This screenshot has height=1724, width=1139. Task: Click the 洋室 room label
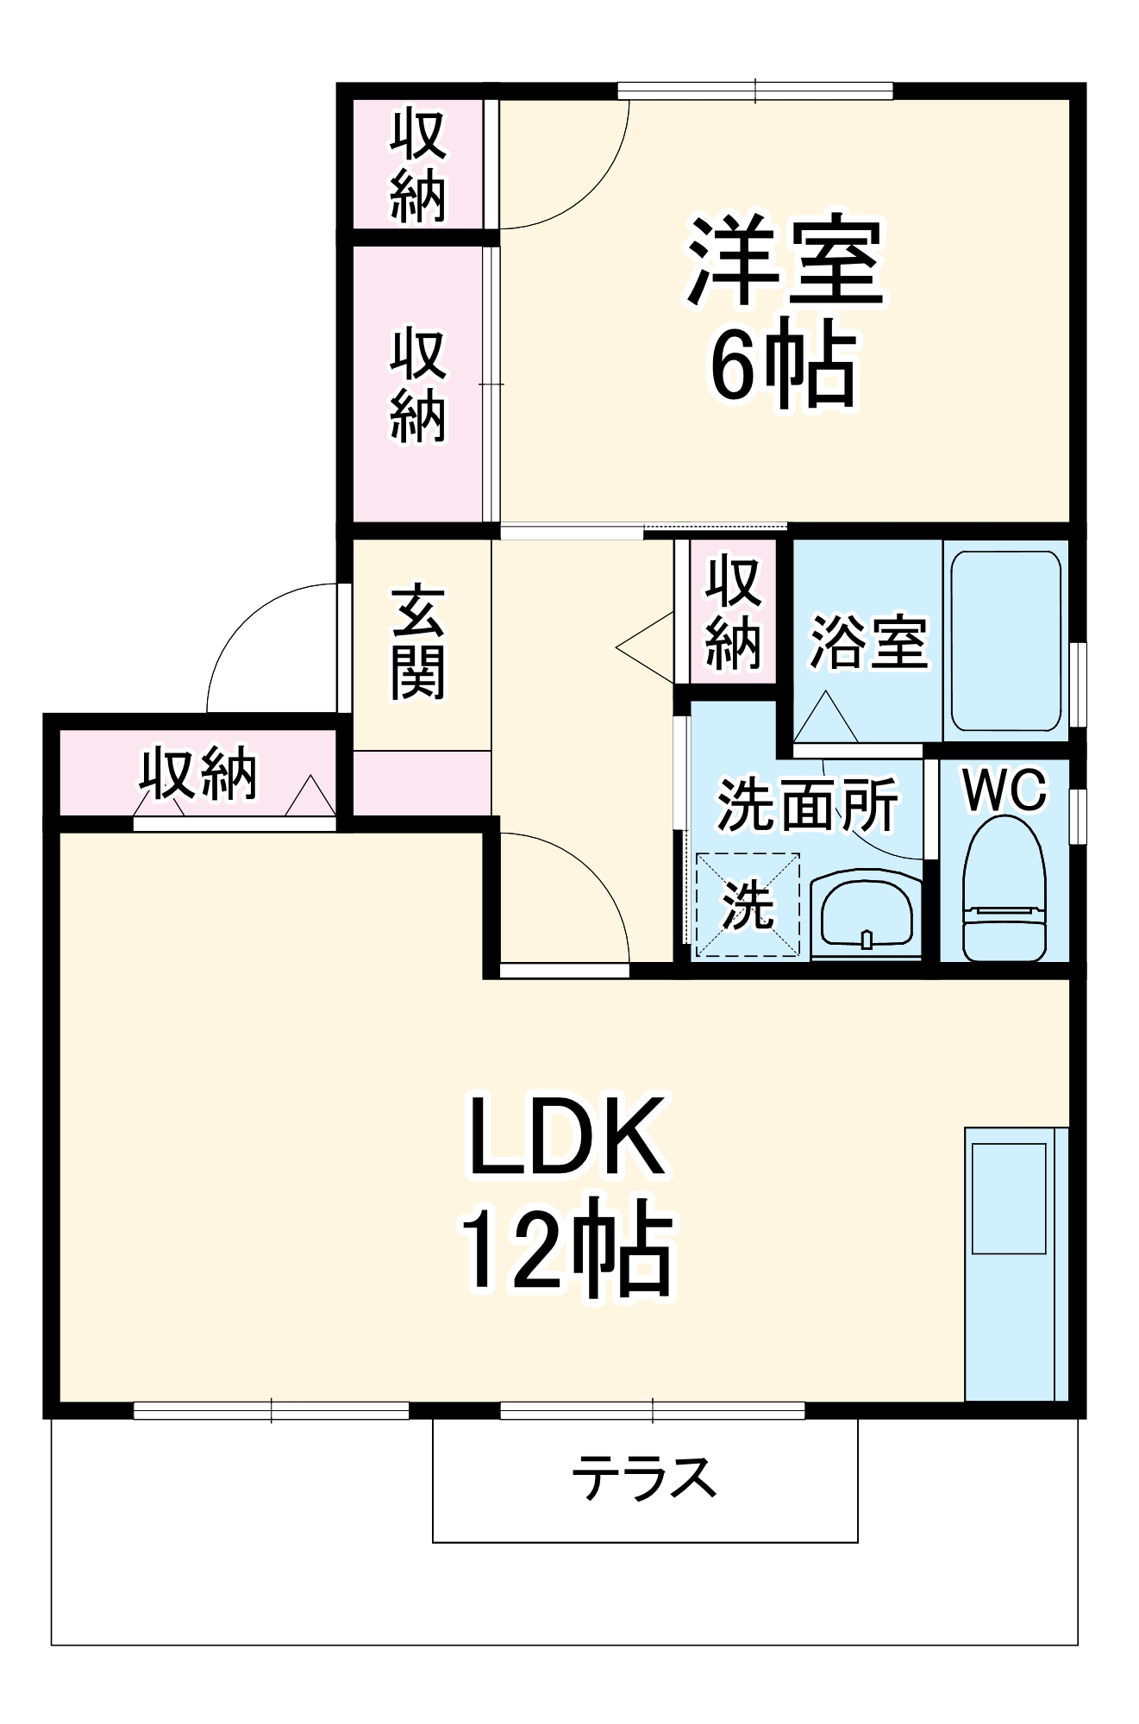[x=785, y=261]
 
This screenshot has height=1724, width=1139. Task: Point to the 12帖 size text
[x=566, y=1248]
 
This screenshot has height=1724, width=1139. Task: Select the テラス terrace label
[x=644, y=1477]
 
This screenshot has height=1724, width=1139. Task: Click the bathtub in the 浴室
[x=1005, y=641]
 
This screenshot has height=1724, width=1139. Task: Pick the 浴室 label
[x=867, y=642]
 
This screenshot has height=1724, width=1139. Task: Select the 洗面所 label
[x=807, y=805]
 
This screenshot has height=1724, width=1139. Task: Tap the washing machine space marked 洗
[x=748, y=905]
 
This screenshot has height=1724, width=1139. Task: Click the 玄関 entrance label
[x=418, y=643]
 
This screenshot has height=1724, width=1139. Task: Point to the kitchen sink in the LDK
[x=1009, y=1198]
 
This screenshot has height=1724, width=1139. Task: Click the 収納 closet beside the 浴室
[x=733, y=613]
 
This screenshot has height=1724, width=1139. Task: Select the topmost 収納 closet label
[x=418, y=166]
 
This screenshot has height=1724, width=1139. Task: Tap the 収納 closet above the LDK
[x=198, y=772]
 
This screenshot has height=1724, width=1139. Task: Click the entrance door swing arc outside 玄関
[x=259, y=638]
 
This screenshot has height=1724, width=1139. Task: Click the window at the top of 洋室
[x=755, y=91]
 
